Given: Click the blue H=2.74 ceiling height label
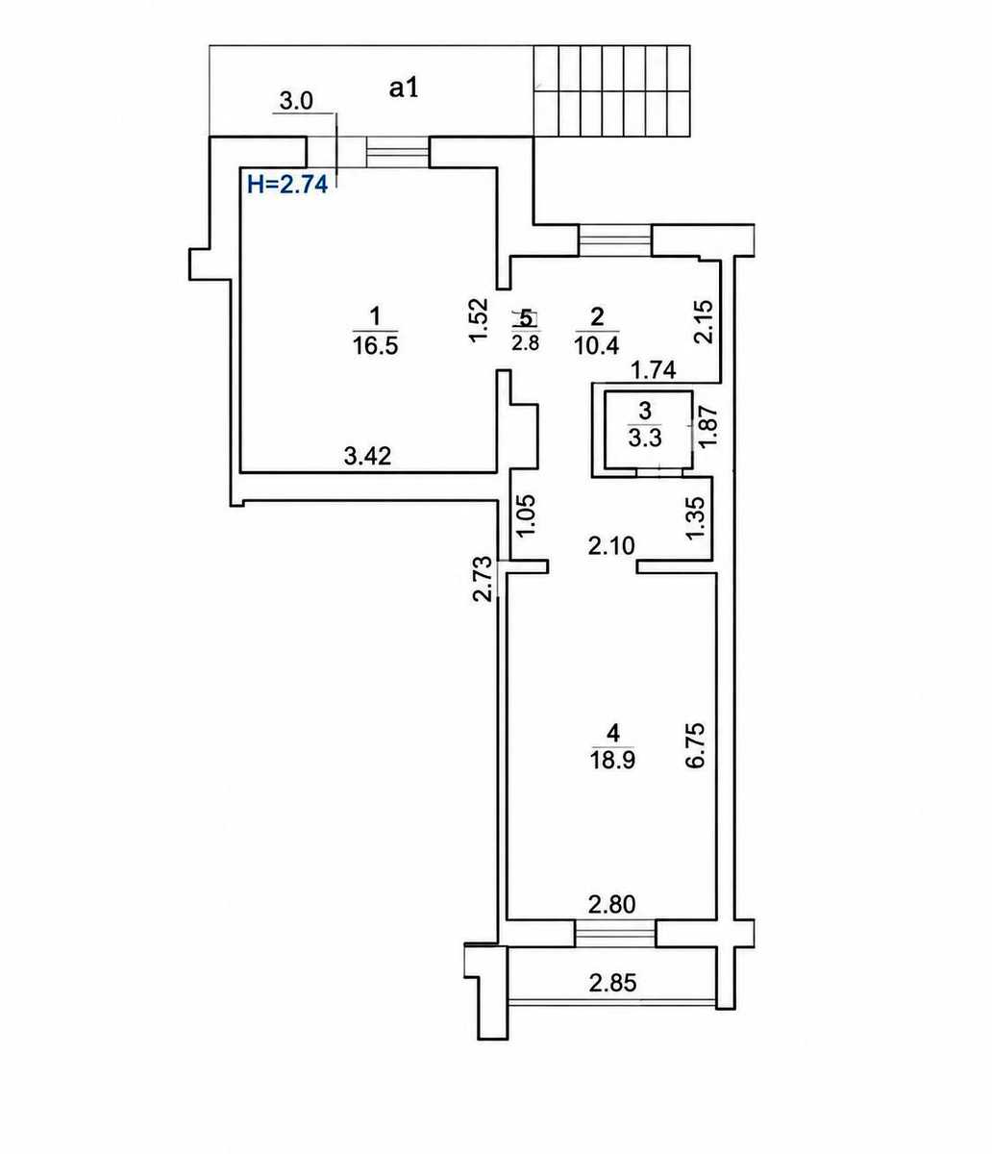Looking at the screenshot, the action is pyautogui.click(x=287, y=184).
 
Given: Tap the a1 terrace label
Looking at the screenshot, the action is pyautogui.click(x=404, y=88).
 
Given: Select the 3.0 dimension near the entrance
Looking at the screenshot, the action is pyautogui.click(x=296, y=101).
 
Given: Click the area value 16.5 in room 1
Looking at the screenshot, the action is pyautogui.click(x=375, y=346).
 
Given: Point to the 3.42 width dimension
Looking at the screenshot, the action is pyautogui.click(x=368, y=457).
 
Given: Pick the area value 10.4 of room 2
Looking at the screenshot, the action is pyautogui.click(x=596, y=346).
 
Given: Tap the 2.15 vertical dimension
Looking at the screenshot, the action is pyautogui.click(x=703, y=321).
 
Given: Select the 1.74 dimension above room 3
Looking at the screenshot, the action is pyautogui.click(x=654, y=370).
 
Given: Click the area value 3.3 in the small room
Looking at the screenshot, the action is pyautogui.click(x=645, y=439).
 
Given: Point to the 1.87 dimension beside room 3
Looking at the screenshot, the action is pyautogui.click(x=708, y=426).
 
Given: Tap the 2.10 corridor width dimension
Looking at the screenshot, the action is pyautogui.click(x=611, y=545).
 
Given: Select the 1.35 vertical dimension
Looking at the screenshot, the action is pyautogui.click(x=697, y=518).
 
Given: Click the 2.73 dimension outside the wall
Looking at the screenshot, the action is pyautogui.click(x=483, y=578).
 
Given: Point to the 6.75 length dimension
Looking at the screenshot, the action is pyautogui.click(x=697, y=746).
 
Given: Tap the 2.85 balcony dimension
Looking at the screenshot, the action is pyautogui.click(x=612, y=983).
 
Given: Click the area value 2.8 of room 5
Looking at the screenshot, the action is pyautogui.click(x=526, y=341).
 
